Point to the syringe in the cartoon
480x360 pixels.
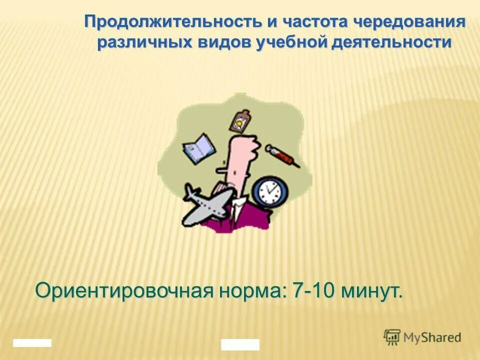tap(282, 155)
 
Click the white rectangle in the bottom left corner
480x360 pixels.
tap(32, 343)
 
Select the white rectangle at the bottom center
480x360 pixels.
tap(240, 344)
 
